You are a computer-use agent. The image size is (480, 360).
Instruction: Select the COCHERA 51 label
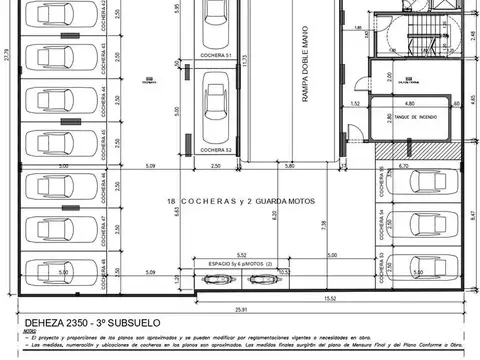[x=215, y=56]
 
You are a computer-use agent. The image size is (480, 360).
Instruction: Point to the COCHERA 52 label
[x=215, y=150]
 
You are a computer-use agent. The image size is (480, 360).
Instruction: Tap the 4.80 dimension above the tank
[x=410, y=102]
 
